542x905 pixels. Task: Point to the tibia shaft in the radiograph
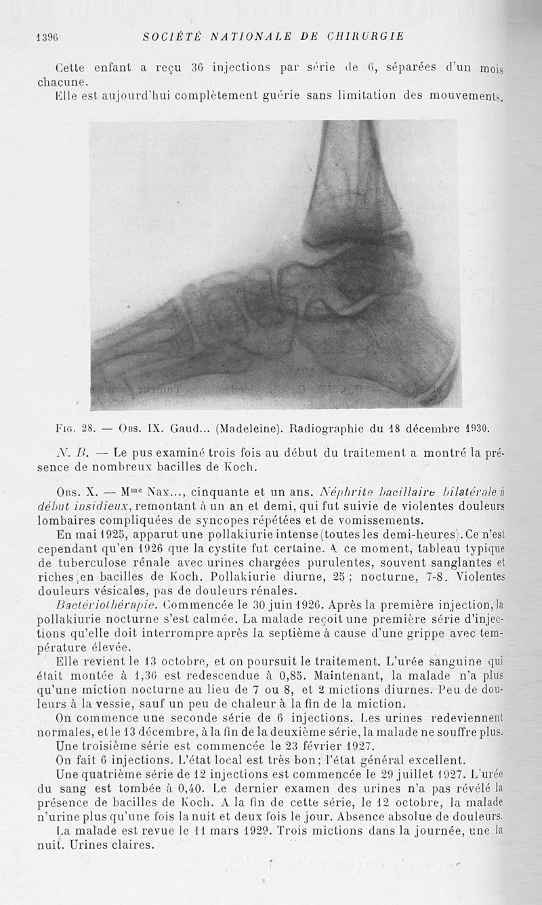(x=352, y=176)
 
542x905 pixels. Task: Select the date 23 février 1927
(x=325, y=745)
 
